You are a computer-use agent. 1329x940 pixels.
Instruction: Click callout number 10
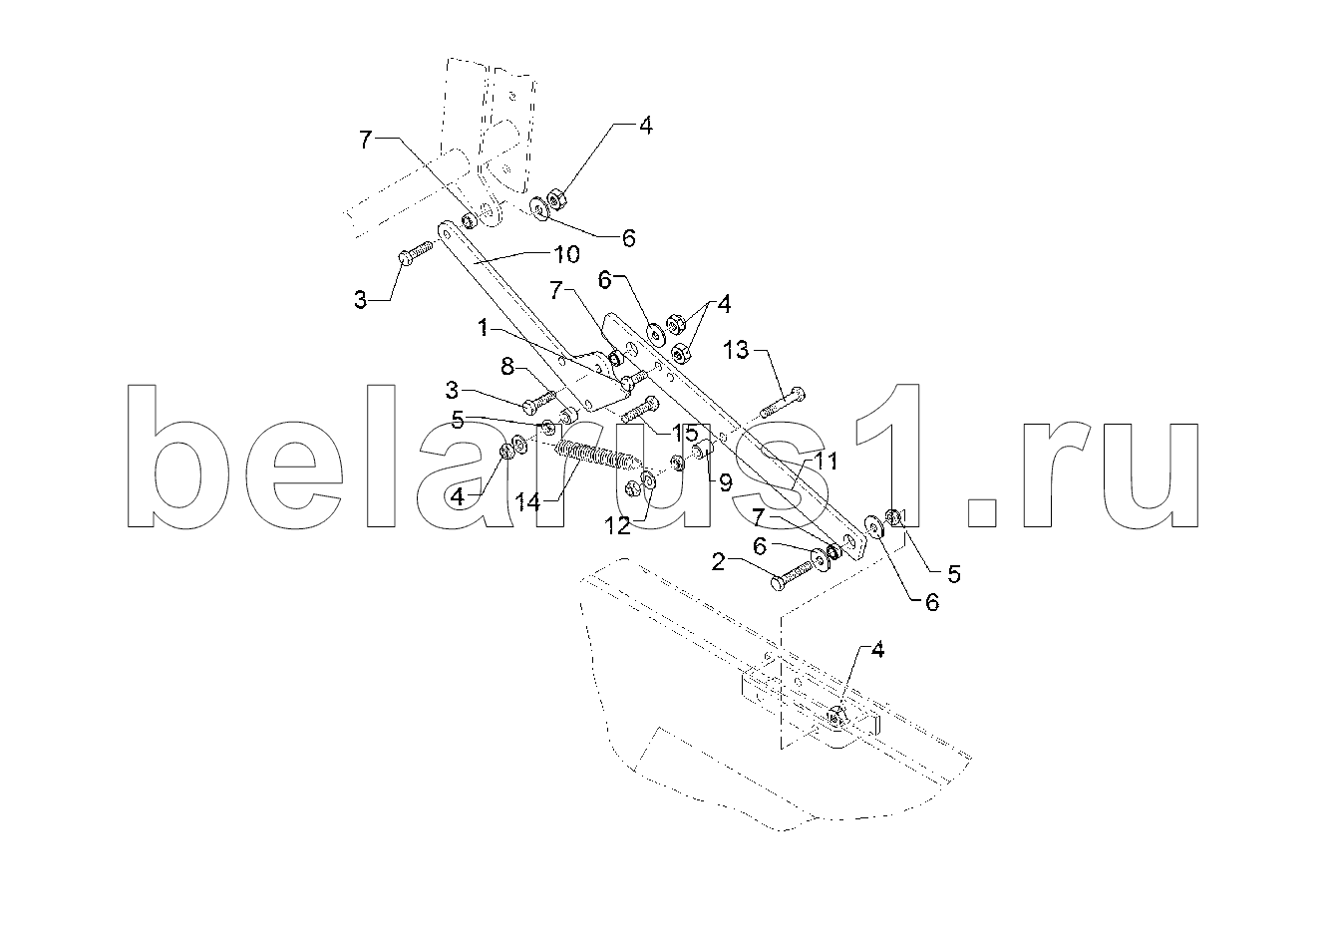click(x=566, y=254)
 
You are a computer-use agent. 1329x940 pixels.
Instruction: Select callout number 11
click(x=826, y=461)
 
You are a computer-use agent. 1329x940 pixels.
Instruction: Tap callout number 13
click(x=736, y=350)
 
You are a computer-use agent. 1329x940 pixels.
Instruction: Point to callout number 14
click(x=527, y=503)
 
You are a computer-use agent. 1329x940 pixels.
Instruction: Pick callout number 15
click(x=684, y=433)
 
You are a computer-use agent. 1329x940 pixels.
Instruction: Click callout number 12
click(x=617, y=526)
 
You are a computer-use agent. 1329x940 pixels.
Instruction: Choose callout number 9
click(x=725, y=482)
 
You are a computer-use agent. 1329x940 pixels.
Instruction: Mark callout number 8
click(x=507, y=367)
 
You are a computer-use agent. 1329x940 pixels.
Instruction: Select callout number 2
click(x=719, y=561)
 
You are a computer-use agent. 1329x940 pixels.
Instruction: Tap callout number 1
click(x=484, y=327)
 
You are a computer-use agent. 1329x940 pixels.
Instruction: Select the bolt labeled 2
click(x=795, y=575)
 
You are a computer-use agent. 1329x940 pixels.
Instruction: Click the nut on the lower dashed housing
click(x=835, y=718)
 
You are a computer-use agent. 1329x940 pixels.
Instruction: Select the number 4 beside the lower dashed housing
click(x=877, y=651)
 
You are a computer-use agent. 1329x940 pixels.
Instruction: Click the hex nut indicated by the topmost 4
click(x=556, y=199)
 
